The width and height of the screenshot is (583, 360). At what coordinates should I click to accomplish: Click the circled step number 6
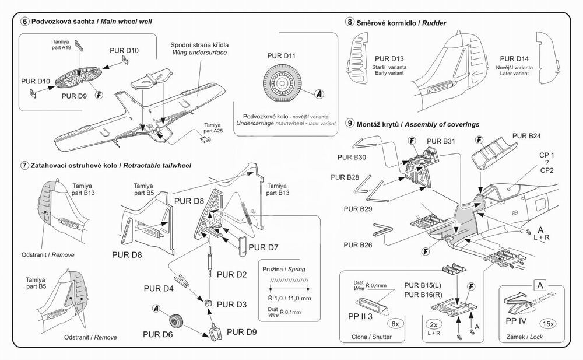coord(24,22)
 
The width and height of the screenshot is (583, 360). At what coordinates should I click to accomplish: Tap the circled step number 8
coord(350,22)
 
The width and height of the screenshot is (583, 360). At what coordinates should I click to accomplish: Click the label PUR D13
coord(389,59)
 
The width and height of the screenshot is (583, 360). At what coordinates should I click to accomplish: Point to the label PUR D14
coord(514,59)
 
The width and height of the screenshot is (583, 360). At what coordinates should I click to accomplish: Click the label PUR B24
coord(527,137)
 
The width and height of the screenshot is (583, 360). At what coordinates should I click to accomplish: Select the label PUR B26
coord(357,244)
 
